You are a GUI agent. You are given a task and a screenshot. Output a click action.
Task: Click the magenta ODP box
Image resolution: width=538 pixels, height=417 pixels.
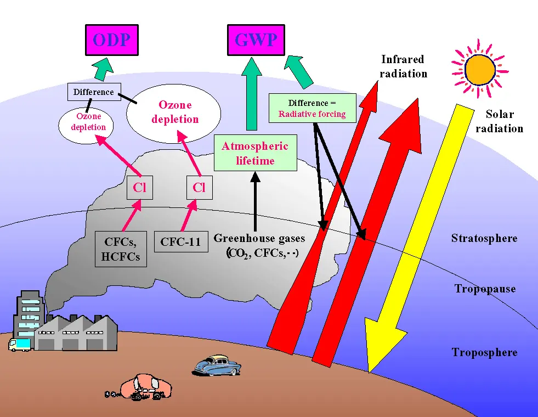click(111, 40)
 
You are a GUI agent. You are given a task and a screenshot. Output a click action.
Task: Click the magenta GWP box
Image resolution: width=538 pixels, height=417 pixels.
click(256, 40)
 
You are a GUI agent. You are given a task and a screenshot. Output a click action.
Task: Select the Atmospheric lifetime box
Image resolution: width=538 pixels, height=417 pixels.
click(254, 153)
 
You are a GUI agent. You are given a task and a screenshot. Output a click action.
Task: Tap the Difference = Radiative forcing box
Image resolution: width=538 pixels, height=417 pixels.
click(312, 108)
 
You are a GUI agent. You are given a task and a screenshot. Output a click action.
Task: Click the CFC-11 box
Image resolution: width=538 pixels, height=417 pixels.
click(180, 241)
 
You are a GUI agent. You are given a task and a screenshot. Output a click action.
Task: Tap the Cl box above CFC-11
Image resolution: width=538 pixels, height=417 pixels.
click(199, 188)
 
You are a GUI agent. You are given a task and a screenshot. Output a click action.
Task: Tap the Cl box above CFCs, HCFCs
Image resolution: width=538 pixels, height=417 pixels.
click(139, 188)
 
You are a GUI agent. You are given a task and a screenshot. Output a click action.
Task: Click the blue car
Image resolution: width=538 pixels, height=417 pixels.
click(218, 364)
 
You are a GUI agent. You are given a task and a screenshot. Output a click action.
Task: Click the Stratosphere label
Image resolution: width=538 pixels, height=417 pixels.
click(484, 238)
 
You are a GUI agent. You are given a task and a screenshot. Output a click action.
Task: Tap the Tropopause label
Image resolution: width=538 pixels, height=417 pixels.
click(485, 289)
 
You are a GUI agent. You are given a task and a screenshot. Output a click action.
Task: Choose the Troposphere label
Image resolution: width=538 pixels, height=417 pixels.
click(484, 352)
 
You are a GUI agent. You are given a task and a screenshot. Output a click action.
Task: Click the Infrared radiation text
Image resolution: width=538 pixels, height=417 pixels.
click(403, 66)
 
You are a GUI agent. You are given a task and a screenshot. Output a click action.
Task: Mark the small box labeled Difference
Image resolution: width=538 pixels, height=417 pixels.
click(93, 92)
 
